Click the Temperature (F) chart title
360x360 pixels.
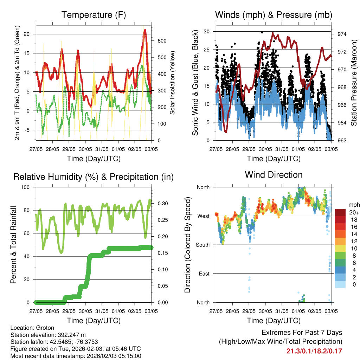(x=94, y=15)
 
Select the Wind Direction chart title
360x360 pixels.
(x=274, y=174)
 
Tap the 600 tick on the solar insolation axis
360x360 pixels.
(x=161, y=41)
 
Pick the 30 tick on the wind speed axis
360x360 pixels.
(x=207, y=32)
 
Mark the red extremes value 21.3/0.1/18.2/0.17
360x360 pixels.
(x=314, y=351)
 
